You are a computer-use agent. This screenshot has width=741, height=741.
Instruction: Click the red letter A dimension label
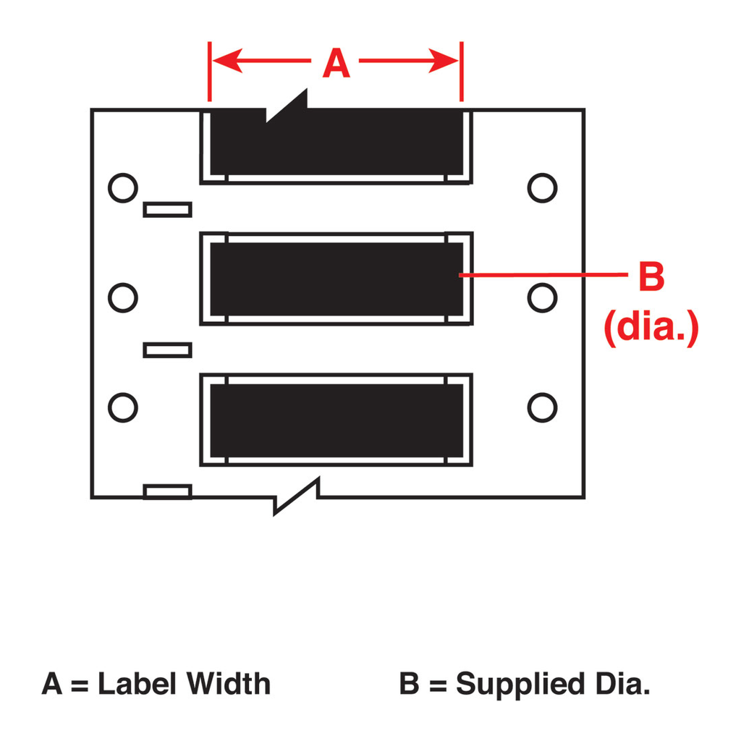[336, 62]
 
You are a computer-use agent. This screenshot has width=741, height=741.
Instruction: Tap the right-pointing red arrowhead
[444, 61]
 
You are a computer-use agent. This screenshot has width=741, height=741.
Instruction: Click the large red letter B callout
[652, 276]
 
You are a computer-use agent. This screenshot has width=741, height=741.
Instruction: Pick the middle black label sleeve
[336, 279]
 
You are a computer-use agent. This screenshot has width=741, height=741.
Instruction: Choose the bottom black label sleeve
[336, 420]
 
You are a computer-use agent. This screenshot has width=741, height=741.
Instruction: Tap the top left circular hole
[123, 188]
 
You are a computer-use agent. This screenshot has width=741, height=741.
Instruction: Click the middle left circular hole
[123, 297]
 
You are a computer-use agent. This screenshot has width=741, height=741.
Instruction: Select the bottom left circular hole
[123, 407]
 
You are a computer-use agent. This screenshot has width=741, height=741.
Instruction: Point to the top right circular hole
[542, 188]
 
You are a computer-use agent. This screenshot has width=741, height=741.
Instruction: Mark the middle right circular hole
[542, 297]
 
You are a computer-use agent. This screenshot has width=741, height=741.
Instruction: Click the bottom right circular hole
[542, 407]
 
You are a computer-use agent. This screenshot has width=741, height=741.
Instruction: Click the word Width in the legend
[228, 683]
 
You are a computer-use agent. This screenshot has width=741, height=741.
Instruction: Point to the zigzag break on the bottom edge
[297, 496]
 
